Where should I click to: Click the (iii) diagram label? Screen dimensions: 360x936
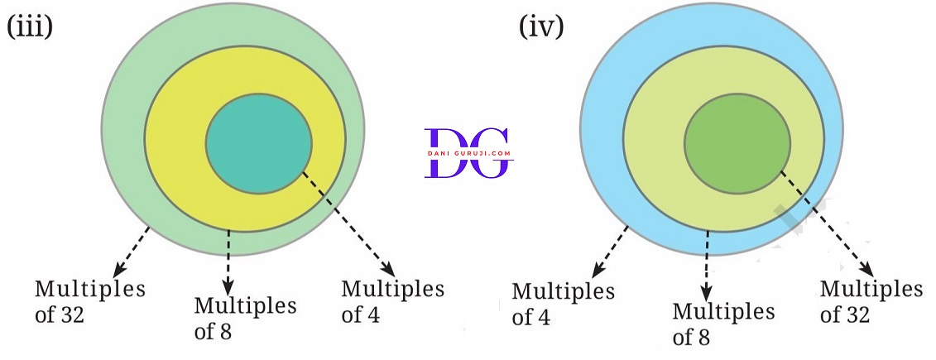(x=30, y=26)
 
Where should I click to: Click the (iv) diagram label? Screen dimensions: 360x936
(x=541, y=26)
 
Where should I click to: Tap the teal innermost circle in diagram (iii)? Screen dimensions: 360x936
(x=259, y=144)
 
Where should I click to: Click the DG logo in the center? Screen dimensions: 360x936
(x=468, y=153)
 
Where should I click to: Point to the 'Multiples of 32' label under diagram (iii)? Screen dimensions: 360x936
(x=89, y=301)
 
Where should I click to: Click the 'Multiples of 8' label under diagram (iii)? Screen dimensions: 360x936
(x=245, y=319)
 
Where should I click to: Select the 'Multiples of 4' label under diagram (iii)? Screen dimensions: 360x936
(x=392, y=301)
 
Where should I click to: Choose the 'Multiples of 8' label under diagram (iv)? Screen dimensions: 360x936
(x=723, y=324)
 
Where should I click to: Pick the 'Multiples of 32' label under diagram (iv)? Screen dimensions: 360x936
(x=871, y=301)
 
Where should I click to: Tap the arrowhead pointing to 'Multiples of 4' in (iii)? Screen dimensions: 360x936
(x=388, y=270)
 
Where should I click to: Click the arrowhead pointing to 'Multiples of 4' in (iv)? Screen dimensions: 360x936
(x=595, y=272)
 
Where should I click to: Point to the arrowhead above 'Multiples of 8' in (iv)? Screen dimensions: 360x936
(x=707, y=292)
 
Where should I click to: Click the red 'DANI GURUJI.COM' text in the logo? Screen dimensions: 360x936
(x=468, y=153)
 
